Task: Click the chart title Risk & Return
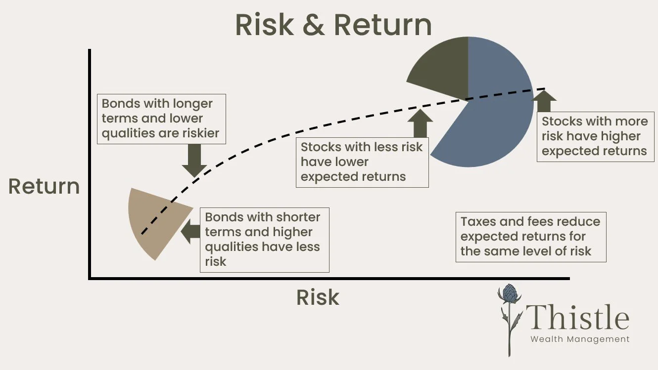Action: pyautogui.click(x=333, y=25)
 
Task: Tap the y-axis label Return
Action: pyautogui.click(x=44, y=187)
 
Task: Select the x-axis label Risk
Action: pyautogui.click(x=318, y=297)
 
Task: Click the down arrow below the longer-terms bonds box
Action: pyautogui.click(x=194, y=161)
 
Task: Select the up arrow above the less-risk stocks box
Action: pyautogui.click(x=421, y=123)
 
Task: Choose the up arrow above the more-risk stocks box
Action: pyautogui.click(x=544, y=101)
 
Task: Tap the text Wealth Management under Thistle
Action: pyautogui.click(x=580, y=339)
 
